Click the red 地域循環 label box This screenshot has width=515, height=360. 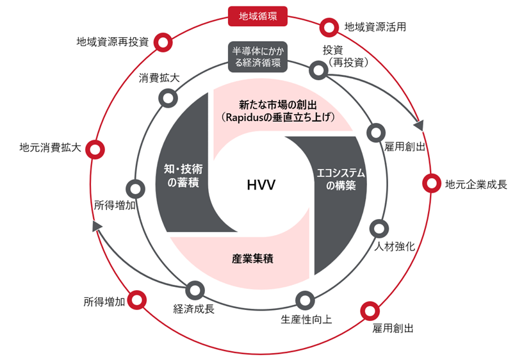pos(258,15)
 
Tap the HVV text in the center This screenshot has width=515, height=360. pos(261,185)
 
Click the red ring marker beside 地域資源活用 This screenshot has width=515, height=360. pos(329,28)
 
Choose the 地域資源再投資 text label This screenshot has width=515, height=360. pos(112,42)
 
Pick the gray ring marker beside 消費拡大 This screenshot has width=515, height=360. pos(168,98)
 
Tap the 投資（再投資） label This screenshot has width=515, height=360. pos(345,57)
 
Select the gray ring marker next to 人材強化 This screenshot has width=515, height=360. pos(379,227)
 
